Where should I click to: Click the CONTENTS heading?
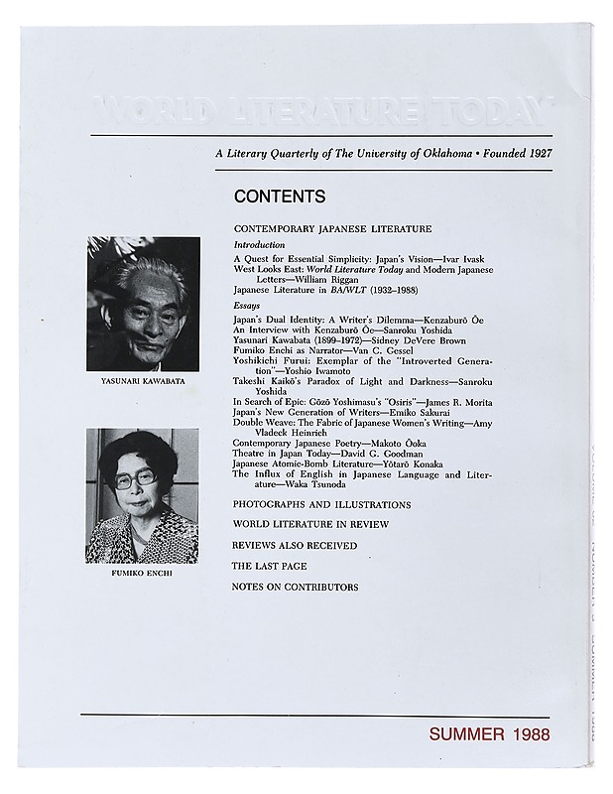(x=280, y=197)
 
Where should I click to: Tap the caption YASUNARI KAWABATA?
(x=144, y=380)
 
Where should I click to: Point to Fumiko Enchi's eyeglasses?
(x=136, y=477)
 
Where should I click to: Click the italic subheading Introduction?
(x=259, y=244)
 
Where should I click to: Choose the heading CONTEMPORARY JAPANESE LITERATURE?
(x=332, y=229)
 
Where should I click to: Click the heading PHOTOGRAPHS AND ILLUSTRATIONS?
(x=321, y=505)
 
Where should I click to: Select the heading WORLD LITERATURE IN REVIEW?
(x=310, y=524)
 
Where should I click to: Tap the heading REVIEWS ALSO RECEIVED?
(x=295, y=546)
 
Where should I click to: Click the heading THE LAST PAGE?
(x=269, y=566)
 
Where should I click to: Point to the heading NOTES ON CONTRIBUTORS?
(x=296, y=587)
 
